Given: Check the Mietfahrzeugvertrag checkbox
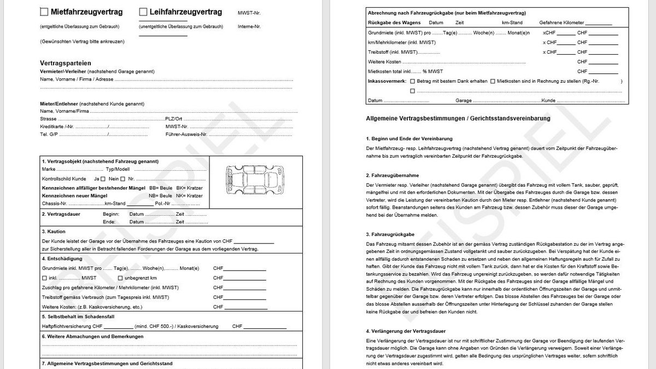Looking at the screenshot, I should click(44, 11).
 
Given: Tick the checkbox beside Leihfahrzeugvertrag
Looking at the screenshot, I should click(143, 11).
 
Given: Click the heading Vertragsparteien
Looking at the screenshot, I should click(66, 63).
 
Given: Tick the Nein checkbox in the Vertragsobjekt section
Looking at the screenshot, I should click(123, 179).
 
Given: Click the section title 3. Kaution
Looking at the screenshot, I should click(54, 232).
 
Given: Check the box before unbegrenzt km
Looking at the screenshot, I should click(120, 278).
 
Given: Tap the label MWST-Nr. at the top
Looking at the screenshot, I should click(249, 13).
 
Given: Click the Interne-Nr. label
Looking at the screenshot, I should click(249, 26).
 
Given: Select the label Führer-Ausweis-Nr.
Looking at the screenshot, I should click(186, 134).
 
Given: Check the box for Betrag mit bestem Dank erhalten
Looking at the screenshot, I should click(412, 81).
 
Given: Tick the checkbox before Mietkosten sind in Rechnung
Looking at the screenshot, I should click(493, 81).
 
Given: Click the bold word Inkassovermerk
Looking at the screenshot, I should click(386, 81).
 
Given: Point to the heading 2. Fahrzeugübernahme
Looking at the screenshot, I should click(393, 175).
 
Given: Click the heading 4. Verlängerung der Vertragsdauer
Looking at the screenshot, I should click(406, 331).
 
